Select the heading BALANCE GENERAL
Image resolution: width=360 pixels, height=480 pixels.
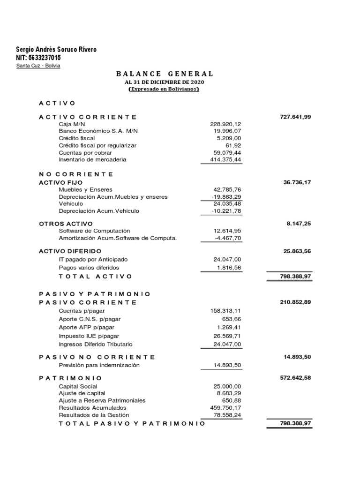click(164, 74)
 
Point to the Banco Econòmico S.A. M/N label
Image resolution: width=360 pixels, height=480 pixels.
click(98, 131)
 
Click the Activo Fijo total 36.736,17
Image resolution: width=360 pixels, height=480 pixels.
click(297, 182)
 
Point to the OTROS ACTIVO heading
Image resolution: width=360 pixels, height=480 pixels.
click(66, 224)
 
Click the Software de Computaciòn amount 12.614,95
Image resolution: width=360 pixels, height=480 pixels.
click(227, 231)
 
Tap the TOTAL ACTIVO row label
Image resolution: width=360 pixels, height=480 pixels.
click(96, 277)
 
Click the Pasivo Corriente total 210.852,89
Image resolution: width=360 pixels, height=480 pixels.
click(295, 302)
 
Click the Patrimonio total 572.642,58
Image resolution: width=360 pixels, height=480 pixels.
click(295, 377)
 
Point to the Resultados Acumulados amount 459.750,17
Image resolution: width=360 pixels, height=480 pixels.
click(225, 408)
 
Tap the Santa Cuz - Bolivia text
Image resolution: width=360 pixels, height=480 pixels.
click(38, 66)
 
